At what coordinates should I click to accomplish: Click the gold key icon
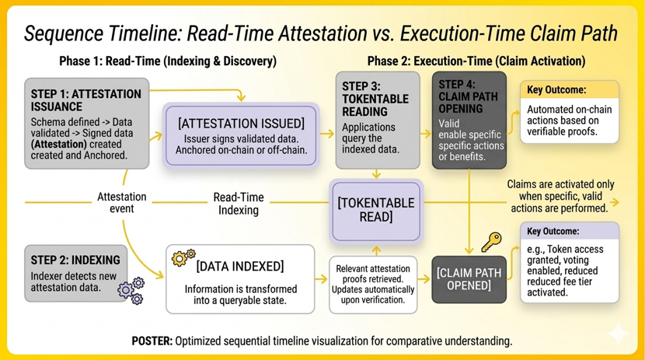[492, 242]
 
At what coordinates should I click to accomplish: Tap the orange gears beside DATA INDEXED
[183, 257]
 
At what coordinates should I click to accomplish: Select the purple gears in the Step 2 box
[131, 291]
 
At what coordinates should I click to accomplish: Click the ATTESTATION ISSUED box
[241, 136]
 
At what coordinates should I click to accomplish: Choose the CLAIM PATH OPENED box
[469, 279]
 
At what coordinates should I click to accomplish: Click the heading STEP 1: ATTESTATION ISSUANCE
[86, 100]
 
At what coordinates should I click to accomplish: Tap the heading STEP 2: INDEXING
[75, 260]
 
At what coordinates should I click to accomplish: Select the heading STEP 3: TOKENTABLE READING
[375, 99]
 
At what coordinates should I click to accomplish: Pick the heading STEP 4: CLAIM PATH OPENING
[468, 96]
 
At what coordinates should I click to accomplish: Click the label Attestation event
[122, 202]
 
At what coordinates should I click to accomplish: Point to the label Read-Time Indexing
[239, 204]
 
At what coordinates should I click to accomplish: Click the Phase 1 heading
[168, 61]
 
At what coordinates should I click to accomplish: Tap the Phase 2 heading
[476, 61]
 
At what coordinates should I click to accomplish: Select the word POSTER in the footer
[152, 341]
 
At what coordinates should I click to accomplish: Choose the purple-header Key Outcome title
[553, 231]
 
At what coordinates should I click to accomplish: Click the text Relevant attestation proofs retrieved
[373, 274]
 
